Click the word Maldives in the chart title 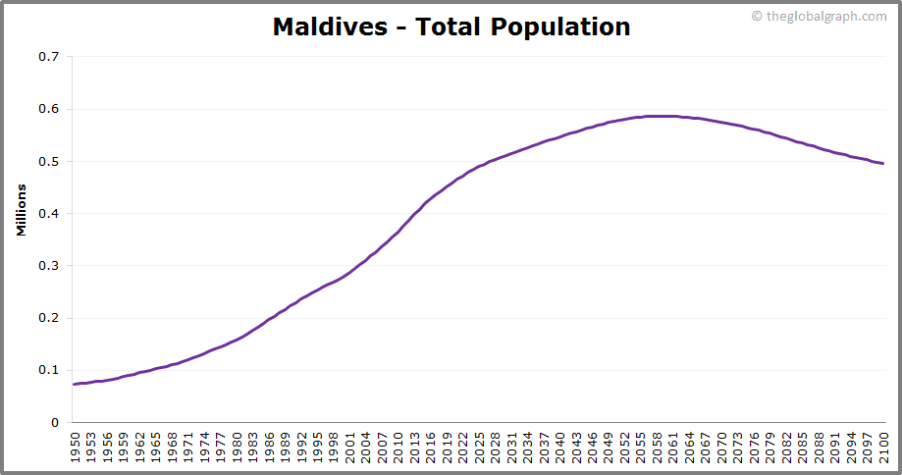330,26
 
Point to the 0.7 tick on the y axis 48,57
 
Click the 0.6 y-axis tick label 48,109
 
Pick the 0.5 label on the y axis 48,161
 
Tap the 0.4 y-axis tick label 48,213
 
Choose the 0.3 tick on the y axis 48,266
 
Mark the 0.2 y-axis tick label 48,318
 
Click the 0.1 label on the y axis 48,370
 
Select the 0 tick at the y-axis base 55,422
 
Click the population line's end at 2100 882,163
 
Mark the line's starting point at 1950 74,384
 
